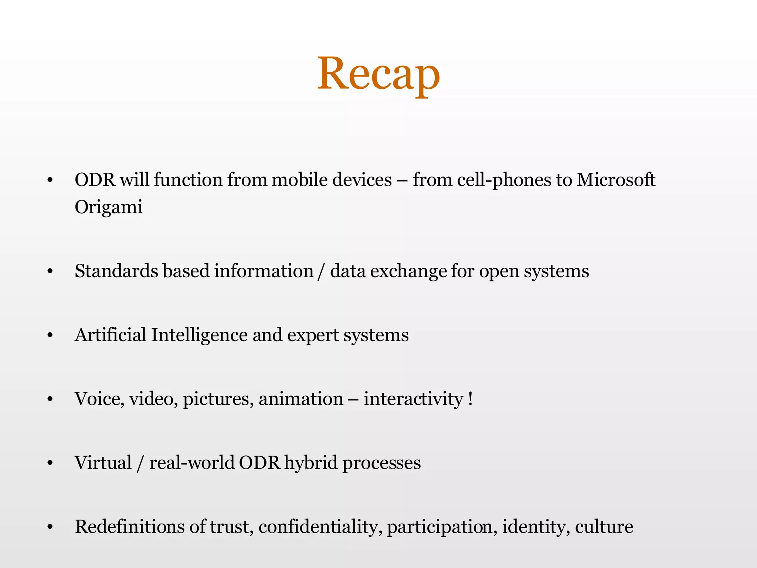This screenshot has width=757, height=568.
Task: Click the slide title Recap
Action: [x=378, y=74]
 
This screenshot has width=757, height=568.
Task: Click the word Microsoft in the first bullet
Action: [x=616, y=180]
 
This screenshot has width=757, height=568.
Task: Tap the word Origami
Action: [x=109, y=207]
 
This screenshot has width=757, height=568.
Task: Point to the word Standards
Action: [x=116, y=271]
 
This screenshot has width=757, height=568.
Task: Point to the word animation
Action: [x=301, y=399]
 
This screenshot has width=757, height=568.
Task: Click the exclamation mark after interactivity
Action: [x=470, y=399]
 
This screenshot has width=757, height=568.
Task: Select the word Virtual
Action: [x=103, y=463]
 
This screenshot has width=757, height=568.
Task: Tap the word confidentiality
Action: [x=320, y=527]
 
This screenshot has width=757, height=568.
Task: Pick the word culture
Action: [x=604, y=527]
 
